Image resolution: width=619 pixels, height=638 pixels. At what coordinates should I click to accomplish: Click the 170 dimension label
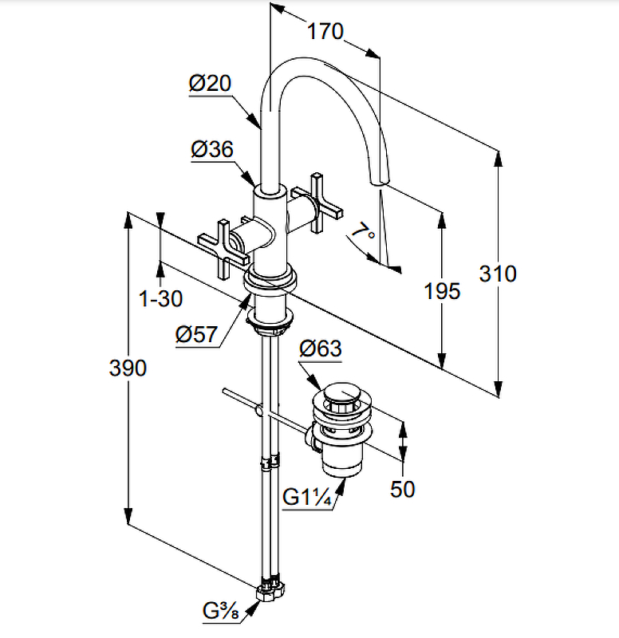(325, 32)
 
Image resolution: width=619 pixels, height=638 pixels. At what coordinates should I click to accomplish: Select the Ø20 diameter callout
(210, 84)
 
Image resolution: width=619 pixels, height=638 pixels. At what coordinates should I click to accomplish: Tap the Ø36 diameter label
(211, 149)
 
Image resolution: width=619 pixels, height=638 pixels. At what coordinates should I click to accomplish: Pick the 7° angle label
(365, 233)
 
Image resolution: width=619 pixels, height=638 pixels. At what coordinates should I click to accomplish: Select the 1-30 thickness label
(160, 299)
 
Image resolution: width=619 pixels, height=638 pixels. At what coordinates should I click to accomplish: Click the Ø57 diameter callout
(196, 335)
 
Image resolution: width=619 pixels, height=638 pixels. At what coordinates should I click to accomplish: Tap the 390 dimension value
(128, 368)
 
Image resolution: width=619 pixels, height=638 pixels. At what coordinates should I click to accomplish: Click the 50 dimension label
(403, 488)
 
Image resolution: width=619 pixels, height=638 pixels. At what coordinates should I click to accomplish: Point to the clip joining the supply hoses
(271, 463)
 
